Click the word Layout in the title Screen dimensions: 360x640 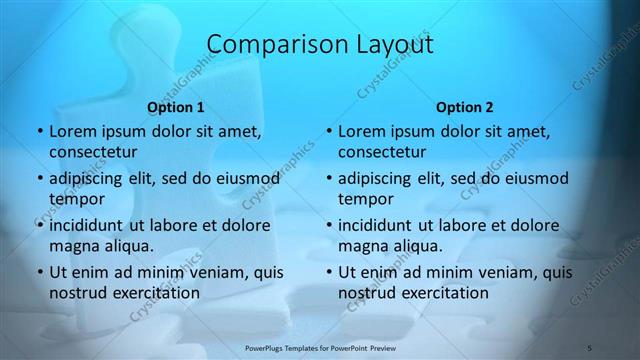click(x=393, y=45)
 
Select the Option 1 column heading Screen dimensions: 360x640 click(x=176, y=107)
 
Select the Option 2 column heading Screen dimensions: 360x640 click(x=465, y=107)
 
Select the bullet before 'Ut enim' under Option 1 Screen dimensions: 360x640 click(x=37, y=272)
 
